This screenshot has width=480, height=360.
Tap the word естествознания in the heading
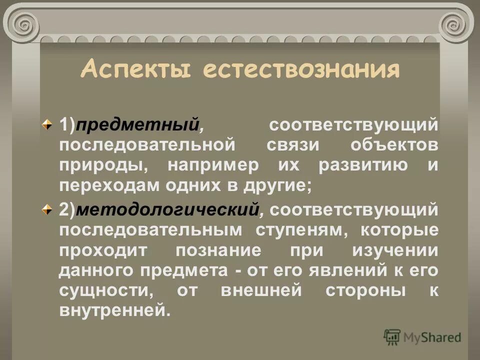301,69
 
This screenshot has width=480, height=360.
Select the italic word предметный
137,124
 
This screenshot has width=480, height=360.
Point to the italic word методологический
167,209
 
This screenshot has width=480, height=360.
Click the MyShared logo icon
392,337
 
